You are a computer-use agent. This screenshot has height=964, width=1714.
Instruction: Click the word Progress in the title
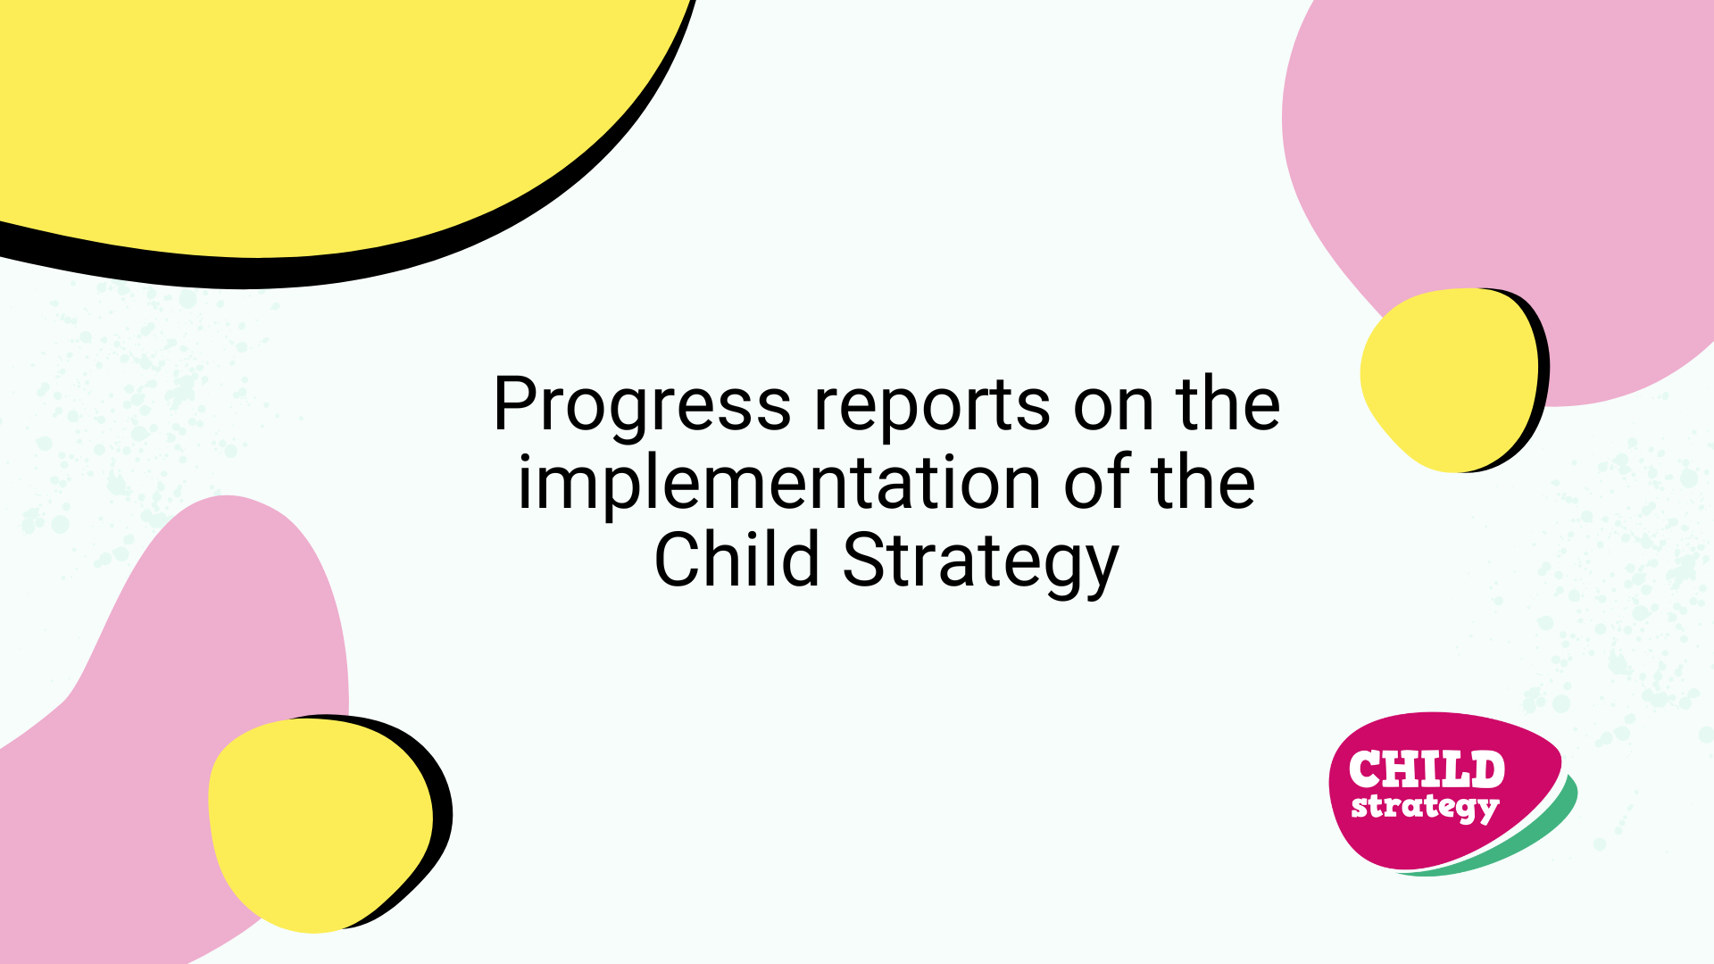point(642,407)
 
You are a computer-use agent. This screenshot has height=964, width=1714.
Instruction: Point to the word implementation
point(779,484)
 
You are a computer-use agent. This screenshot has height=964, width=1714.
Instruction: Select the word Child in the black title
point(737,559)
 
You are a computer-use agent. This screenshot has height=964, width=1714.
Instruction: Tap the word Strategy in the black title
point(980,562)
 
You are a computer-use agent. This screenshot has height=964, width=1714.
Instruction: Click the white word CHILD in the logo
point(1427,769)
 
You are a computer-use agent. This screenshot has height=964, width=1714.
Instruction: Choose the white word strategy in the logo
point(1425,808)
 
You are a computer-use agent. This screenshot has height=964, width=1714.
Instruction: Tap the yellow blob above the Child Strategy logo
point(1450,379)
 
